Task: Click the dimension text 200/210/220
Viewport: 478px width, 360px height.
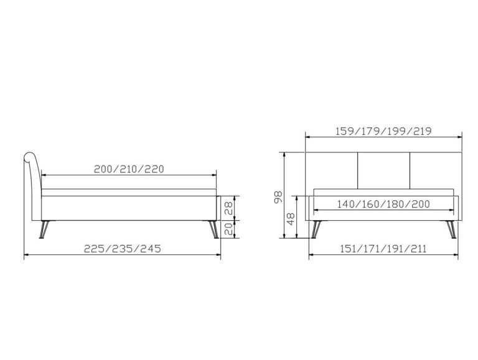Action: click(129, 169)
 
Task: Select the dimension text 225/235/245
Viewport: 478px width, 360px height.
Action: click(122, 249)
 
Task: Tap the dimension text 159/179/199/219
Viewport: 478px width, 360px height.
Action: click(383, 131)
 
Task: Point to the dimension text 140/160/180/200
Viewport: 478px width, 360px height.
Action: click(383, 204)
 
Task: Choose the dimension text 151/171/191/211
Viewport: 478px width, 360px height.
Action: click(383, 249)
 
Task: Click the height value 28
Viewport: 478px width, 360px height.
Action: click(228, 208)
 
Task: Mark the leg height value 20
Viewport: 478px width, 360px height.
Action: click(228, 229)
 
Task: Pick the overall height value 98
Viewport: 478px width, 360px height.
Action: click(278, 197)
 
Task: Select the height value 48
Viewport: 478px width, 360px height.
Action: click(291, 219)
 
